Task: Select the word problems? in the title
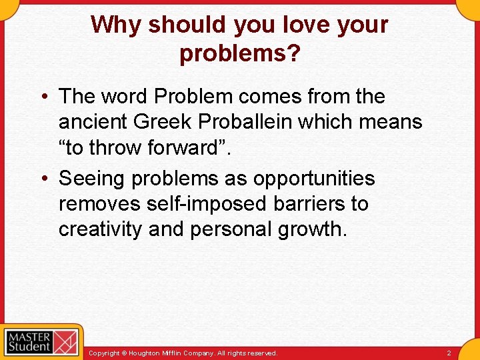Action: point(239,53)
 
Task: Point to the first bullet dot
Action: point(42,97)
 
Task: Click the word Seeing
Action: point(92,179)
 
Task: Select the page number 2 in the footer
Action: point(449,353)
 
